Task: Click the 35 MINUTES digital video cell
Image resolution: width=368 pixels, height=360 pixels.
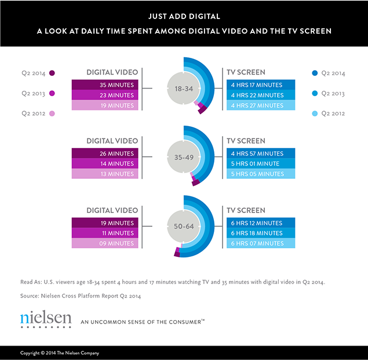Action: click(105, 85)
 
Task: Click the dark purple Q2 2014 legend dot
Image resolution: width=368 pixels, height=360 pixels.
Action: click(52, 73)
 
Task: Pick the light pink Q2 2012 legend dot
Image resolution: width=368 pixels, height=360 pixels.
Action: click(52, 113)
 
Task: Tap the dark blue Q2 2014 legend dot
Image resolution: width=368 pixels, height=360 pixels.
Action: click(314, 73)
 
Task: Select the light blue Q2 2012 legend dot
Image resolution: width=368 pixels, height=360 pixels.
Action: click(314, 113)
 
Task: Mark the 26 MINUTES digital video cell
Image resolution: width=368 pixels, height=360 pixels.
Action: click(105, 153)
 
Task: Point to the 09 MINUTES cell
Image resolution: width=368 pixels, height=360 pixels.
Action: click(105, 244)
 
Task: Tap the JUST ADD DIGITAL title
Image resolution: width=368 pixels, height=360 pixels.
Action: click(184, 17)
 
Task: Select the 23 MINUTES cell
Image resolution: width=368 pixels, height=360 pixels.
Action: click(105, 95)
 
